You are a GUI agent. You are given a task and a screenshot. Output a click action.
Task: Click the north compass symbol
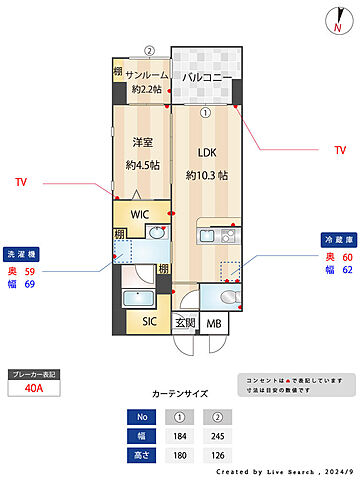[334, 20]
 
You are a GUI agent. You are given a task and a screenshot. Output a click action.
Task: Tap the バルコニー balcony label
[207, 76]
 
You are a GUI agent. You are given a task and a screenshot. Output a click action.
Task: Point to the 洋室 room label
[140, 142]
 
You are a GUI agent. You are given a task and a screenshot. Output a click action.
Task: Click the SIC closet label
[149, 321]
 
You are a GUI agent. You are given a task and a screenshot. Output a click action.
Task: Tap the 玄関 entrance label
[186, 323]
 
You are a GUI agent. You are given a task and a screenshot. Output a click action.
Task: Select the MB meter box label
[213, 323]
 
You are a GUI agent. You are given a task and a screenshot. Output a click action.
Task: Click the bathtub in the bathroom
[135, 300]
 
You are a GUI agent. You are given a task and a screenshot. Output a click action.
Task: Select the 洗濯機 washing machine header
[19, 253]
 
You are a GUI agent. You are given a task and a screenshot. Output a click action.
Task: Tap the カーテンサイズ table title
[180, 393]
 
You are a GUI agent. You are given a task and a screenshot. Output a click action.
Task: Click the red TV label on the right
[340, 150]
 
